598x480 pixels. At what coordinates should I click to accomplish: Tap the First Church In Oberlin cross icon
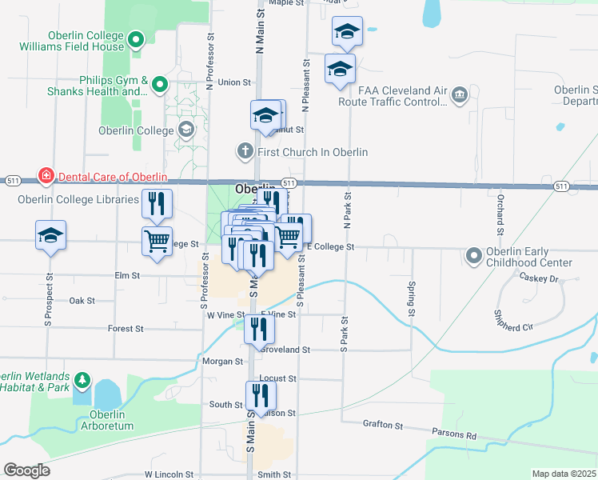coord(245,150)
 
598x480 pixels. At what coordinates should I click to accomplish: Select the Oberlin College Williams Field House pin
coord(136,38)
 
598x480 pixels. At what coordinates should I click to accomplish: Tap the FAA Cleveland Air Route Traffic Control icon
coord(459,96)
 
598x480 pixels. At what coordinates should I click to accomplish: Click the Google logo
coord(27,470)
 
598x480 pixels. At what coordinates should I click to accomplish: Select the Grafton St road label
coord(381,423)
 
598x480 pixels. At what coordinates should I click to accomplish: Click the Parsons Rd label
coord(460,435)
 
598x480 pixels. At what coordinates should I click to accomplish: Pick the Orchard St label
coord(499,209)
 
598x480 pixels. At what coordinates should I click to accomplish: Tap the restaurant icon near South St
coord(261,395)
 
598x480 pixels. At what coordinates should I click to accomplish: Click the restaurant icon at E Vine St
coord(259,329)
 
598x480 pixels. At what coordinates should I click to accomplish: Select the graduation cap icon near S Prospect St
coord(50,235)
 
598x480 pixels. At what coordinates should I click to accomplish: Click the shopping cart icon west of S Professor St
coord(157,241)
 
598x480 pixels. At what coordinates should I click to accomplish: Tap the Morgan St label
coord(222,362)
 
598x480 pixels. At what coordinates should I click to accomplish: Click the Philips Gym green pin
coord(160,84)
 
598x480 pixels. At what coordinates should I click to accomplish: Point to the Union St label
coord(234,82)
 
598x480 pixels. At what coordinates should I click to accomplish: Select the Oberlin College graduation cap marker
coord(185,130)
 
